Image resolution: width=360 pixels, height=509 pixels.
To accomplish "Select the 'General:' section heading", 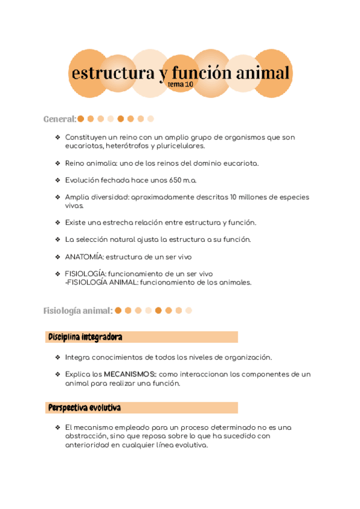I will coord(59,119).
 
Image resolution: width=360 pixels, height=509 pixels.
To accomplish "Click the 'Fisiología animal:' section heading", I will coord(78,311).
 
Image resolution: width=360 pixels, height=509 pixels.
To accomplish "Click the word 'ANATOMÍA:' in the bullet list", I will coord(84,257).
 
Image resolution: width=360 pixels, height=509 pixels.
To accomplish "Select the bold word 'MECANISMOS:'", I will coord(130,375).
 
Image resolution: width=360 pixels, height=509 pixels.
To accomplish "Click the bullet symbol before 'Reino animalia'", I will coord(57,163).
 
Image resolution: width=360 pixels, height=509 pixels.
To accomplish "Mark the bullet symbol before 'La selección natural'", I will coord(57,239).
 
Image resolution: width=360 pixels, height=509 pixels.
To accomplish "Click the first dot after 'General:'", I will coord(81,119).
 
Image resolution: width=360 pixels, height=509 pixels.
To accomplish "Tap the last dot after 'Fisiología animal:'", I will coord(188,311).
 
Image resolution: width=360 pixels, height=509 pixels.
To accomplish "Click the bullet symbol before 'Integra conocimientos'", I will coord(57,357).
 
